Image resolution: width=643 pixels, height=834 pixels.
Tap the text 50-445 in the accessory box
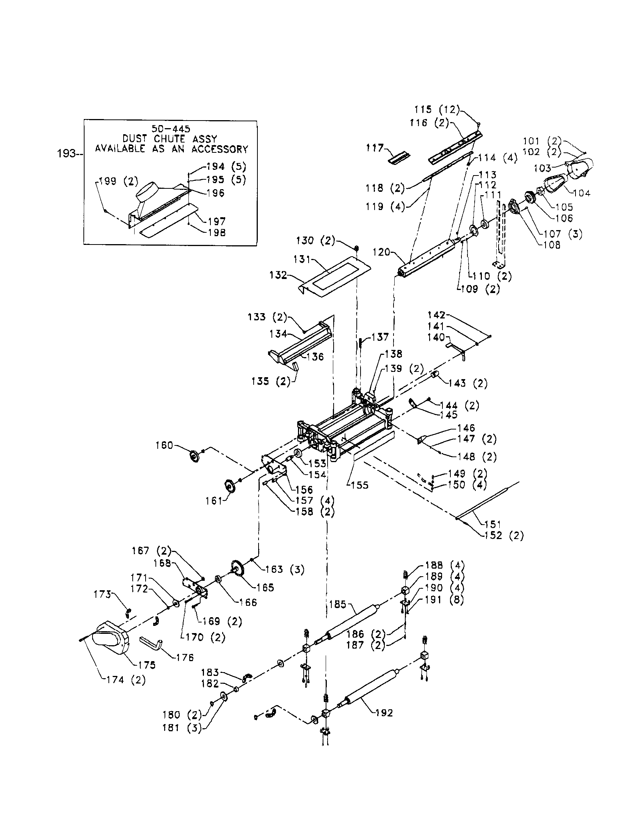[x=171, y=129]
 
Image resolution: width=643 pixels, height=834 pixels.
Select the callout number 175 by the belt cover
[x=147, y=665]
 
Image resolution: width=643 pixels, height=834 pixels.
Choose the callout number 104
[x=582, y=193]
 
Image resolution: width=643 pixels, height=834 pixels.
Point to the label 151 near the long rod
[x=492, y=524]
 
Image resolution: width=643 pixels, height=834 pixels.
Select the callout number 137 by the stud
[x=380, y=337]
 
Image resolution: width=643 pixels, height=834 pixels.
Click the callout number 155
[x=359, y=485]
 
